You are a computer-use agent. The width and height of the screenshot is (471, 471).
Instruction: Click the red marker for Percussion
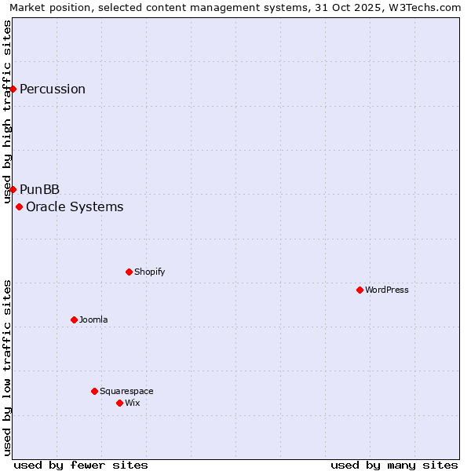[x=13, y=89]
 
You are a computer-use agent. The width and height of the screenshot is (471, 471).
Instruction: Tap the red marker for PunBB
[x=13, y=189]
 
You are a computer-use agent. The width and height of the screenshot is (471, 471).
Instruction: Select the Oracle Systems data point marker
[x=20, y=206]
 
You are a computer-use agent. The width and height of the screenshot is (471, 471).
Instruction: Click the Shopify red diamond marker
[x=129, y=272]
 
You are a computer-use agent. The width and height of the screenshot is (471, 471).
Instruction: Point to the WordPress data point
[x=360, y=290]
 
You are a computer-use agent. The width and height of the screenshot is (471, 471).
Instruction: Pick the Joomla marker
[x=74, y=319]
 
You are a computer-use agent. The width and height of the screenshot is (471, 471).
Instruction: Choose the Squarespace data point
[x=94, y=391]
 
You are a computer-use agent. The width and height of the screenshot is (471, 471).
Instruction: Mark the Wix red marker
[x=119, y=403]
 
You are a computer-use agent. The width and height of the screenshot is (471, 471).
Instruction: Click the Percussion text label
[x=53, y=89]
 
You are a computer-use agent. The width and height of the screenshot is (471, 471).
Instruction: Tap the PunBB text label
[x=40, y=189]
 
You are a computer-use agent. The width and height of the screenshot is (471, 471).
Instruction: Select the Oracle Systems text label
[x=75, y=206]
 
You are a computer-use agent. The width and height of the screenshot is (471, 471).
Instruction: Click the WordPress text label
[x=387, y=290]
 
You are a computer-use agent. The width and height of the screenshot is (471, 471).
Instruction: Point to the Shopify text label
[x=150, y=272]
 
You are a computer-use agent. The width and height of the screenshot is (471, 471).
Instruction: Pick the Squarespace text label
[x=126, y=391]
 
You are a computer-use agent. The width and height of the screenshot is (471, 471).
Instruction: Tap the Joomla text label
[x=93, y=319]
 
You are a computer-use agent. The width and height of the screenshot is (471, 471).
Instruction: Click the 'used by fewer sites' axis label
[x=81, y=465]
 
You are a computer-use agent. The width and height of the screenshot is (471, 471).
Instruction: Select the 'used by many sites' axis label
[x=394, y=465]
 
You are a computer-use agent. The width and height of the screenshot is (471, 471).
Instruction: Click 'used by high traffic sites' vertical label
[x=8, y=111]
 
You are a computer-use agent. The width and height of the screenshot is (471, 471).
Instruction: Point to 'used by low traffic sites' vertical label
[x=8, y=367]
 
